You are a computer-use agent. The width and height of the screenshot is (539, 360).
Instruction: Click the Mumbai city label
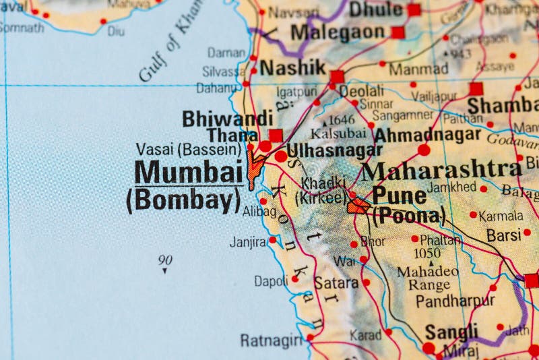point(188,172)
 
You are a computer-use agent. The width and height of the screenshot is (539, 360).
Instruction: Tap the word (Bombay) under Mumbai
point(183,200)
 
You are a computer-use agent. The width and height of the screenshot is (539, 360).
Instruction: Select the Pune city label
point(399,196)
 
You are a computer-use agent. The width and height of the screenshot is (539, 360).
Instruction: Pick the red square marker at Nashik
point(337,76)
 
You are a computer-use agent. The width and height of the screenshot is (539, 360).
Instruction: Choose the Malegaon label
point(338,32)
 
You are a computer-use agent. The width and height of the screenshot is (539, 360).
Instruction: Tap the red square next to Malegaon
point(398,32)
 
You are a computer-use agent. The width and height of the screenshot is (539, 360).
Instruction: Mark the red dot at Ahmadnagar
point(423,150)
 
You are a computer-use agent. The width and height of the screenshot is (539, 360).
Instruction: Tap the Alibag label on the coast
point(259,211)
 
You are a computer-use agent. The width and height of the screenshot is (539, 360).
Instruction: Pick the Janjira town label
point(247,241)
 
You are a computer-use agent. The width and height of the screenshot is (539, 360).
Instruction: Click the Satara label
point(336,282)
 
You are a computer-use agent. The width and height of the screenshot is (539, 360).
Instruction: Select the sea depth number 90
point(165,260)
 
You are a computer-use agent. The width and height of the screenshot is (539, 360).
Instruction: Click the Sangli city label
point(451,332)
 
